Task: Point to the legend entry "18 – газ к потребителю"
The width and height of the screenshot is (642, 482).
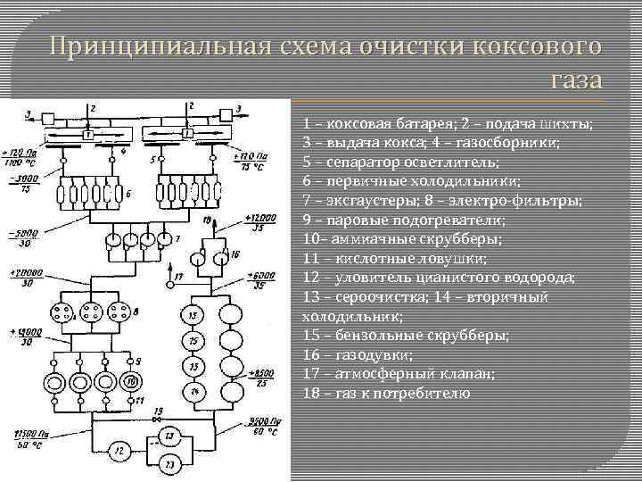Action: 398,393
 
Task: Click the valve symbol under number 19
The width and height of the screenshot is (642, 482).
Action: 158,420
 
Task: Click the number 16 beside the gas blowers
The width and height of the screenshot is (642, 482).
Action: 235,254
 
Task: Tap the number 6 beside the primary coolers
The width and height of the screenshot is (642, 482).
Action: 128,193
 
